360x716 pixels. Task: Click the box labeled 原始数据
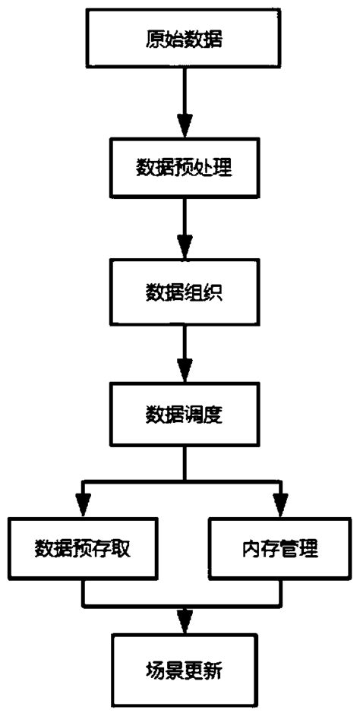(x=183, y=38)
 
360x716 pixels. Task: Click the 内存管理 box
(x=282, y=548)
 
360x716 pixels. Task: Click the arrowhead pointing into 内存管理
(x=281, y=505)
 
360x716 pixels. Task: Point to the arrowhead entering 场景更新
(x=183, y=627)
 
